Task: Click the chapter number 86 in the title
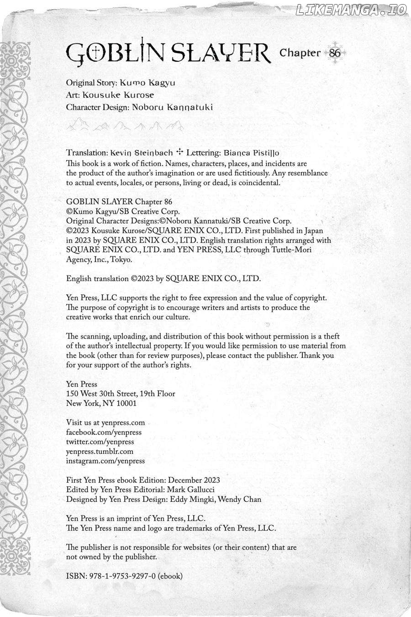pos(335,53)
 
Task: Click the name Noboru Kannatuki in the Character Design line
pos(172,107)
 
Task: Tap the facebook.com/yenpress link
pos(104,432)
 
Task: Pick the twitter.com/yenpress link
pos(100,442)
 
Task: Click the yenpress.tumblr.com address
pos(100,452)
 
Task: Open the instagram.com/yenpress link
pos(105,461)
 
